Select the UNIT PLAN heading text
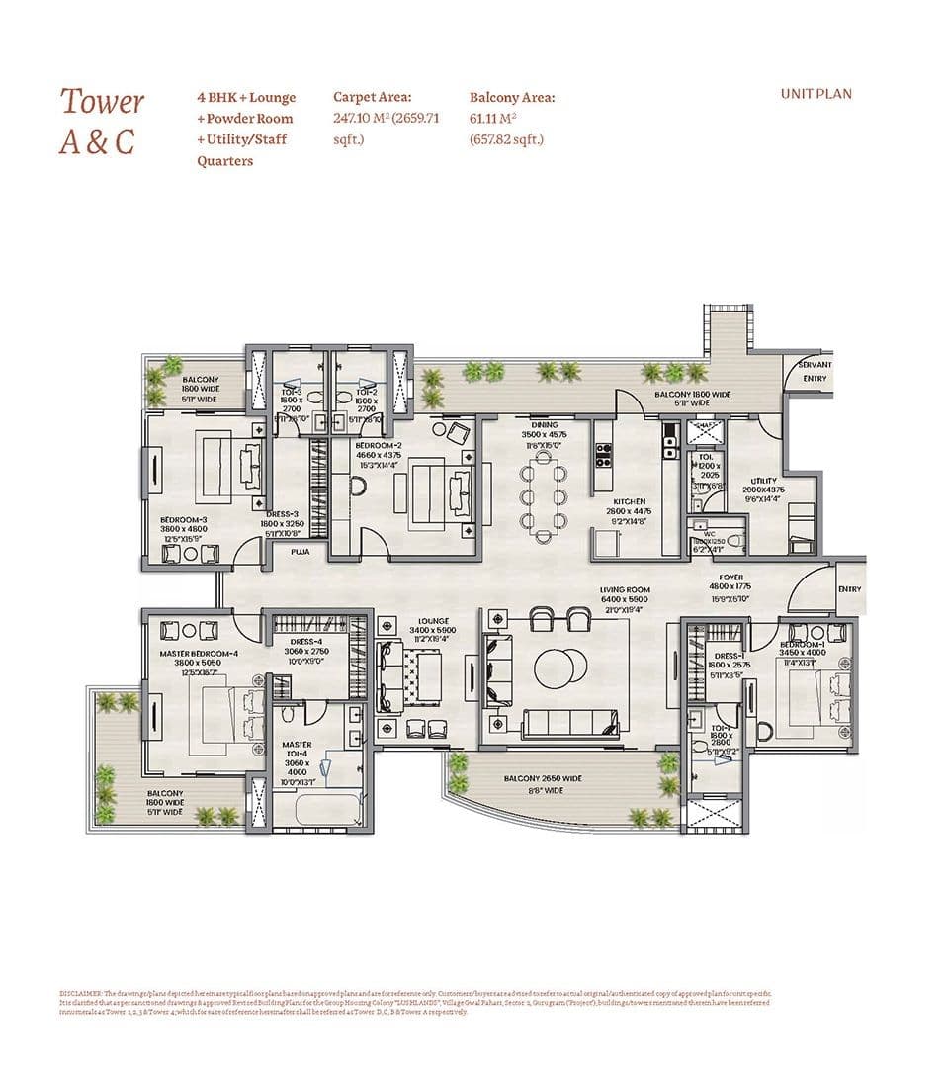tap(816, 94)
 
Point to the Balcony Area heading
tap(511, 97)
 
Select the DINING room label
tap(544, 424)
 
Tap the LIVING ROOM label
tap(626, 589)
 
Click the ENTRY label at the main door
tap(848, 589)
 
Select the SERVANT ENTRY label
tap(816, 371)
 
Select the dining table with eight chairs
tap(544, 499)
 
